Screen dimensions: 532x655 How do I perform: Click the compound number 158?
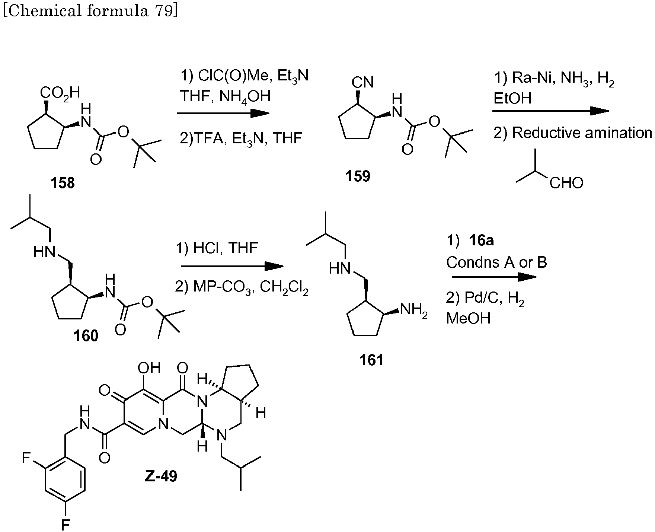click(x=63, y=183)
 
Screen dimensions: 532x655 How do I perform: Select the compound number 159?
click(x=358, y=176)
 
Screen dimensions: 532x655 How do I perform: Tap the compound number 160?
click(x=86, y=336)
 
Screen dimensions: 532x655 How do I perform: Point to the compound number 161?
click(x=371, y=360)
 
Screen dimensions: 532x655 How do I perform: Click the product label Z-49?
click(x=161, y=476)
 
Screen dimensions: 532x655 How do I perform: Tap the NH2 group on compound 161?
click(x=413, y=310)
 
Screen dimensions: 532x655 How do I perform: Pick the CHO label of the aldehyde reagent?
click(x=566, y=183)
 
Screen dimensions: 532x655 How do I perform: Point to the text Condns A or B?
click(x=496, y=262)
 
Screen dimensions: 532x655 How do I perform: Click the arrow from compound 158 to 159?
click(x=223, y=113)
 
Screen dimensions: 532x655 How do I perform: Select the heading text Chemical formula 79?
click(x=90, y=11)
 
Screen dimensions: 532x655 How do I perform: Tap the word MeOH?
click(x=468, y=318)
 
